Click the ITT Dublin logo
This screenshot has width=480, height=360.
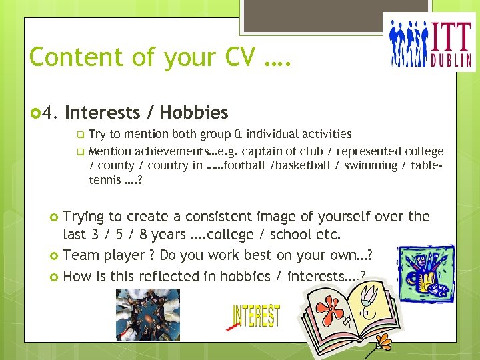433,41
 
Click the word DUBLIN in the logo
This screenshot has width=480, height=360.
453,58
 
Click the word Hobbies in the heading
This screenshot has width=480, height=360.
194,113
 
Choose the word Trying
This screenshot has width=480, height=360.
83,217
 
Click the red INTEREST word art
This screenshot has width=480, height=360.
255,316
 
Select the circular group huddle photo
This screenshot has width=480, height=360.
147,314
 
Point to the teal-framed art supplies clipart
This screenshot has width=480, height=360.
426,274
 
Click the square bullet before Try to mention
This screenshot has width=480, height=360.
81,134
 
